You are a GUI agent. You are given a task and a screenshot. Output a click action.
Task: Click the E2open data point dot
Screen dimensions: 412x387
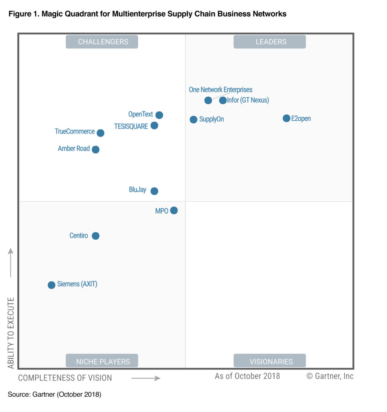point(286,118)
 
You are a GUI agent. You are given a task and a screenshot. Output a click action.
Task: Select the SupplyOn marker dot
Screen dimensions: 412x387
point(193,119)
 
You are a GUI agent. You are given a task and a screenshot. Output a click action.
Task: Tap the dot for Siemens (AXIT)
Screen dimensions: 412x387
point(51,285)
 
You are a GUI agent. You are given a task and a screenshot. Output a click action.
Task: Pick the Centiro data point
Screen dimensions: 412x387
point(95,236)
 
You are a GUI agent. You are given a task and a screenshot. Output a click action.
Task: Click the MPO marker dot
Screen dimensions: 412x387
point(174,210)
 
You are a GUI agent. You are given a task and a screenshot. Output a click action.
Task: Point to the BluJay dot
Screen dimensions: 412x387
point(154,191)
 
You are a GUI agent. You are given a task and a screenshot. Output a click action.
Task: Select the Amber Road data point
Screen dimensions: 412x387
point(95,149)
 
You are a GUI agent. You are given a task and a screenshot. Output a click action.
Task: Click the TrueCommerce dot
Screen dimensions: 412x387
point(101,133)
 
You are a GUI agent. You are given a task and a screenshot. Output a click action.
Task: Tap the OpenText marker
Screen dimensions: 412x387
point(159,115)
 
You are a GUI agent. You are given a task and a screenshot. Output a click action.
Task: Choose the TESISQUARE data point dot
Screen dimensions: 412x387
point(154,126)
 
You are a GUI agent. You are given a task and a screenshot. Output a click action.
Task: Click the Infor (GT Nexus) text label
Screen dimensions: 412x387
point(248,100)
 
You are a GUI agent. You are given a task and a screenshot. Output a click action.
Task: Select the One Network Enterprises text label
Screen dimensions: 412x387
point(220,90)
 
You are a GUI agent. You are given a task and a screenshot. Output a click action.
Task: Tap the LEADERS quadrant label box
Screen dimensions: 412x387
point(270,42)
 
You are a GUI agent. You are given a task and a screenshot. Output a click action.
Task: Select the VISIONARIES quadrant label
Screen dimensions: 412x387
point(270,361)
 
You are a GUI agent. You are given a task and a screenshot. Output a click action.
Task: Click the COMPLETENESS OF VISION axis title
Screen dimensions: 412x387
point(65,378)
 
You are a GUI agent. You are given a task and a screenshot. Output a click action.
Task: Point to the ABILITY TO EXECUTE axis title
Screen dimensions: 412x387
point(11,333)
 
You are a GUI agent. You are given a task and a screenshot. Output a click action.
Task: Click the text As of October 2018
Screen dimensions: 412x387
point(247,376)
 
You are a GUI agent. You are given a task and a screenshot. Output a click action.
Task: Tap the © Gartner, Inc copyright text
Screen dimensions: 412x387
point(330,376)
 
